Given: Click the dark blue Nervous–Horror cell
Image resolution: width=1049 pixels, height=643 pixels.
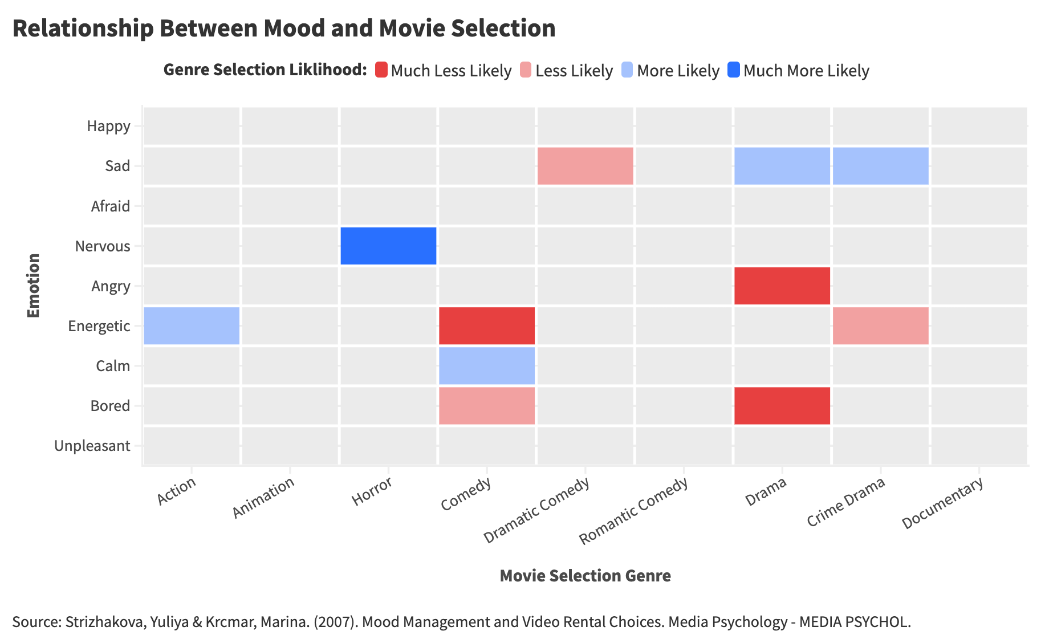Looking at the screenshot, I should (388, 246).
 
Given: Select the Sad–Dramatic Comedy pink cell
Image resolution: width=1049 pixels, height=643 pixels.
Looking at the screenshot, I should (586, 166).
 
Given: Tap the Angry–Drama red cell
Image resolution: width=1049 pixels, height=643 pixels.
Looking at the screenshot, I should (782, 286).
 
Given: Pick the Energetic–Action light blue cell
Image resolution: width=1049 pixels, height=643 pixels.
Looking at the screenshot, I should (191, 325).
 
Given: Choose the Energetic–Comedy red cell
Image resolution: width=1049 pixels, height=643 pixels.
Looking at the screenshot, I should (487, 325).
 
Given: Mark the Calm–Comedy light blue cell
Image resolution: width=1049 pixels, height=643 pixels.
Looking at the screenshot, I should (487, 365).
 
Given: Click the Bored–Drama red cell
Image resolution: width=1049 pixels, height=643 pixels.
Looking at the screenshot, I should (782, 405).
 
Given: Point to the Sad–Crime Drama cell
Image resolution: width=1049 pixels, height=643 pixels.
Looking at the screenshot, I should (881, 166).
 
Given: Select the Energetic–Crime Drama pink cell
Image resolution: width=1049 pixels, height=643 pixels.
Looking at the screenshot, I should (881, 325).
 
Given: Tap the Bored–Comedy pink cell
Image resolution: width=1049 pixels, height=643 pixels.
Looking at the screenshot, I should (487, 405).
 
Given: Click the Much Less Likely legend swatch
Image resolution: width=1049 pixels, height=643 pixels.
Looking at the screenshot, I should (381, 70).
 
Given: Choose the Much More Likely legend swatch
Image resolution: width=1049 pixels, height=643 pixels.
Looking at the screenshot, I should (734, 70).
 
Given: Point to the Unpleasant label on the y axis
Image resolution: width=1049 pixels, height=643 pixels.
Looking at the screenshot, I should (92, 446).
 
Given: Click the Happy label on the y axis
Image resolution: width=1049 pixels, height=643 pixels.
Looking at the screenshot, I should (108, 126).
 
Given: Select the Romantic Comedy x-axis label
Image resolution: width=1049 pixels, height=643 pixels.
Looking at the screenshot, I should (633, 511).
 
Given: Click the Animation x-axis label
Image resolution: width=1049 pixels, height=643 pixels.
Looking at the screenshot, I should (263, 498).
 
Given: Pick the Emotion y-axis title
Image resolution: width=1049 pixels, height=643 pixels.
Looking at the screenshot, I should (34, 286).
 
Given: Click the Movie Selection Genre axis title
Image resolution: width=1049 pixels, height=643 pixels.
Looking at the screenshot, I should (585, 576).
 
